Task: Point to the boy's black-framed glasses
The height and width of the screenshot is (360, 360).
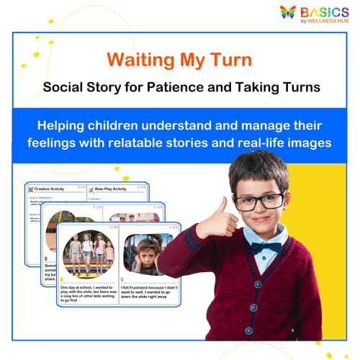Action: point(257,201)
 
